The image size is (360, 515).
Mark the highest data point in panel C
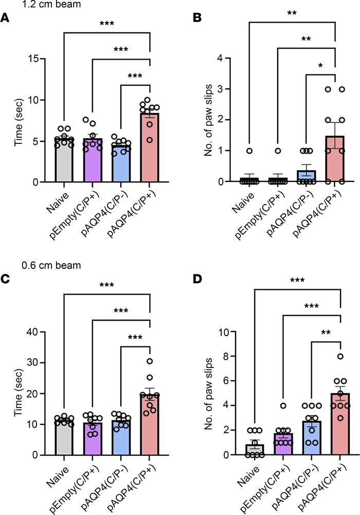click(150, 361)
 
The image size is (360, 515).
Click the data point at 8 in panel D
click(340, 356)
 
